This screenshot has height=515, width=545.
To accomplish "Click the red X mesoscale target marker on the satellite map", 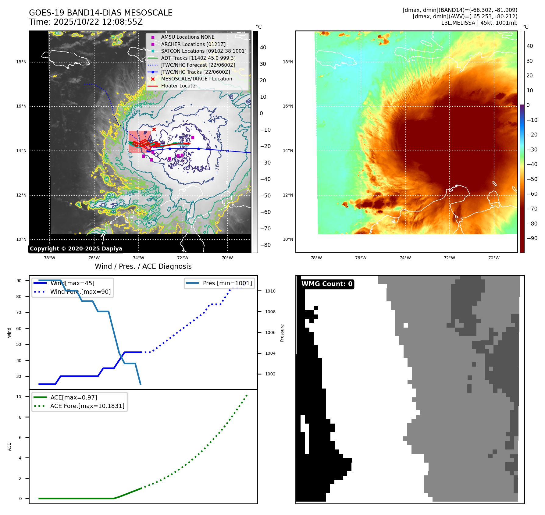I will click(x=154, y=130).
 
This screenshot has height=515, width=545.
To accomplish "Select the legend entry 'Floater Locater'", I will click(x=179, y=86).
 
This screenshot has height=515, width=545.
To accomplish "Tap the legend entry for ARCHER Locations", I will click(x=193, y=44).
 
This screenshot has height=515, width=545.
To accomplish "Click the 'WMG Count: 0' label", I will click(x=327, y=284).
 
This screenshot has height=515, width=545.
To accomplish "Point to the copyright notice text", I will click(x=76, y=249).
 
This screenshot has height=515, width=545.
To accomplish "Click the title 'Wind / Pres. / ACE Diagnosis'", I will click(x=143, y=266).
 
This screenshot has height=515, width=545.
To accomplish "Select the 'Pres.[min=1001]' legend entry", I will click(x=227, y=283).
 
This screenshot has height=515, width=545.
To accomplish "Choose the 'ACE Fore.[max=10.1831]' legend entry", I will click(x=87, y=406).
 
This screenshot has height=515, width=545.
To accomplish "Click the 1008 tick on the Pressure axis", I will click(x=270, y=312).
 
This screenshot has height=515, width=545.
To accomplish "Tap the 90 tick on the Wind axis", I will click(x=19, y=281).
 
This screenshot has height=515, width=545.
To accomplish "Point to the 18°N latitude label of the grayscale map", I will click(x=21, y=62).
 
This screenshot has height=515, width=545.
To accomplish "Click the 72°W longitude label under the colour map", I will click(x=449, y=258).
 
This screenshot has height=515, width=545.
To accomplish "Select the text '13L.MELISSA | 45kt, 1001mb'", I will click(x=479, y=23).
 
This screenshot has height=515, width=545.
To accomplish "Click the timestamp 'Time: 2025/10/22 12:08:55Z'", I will click(x=86, y=22).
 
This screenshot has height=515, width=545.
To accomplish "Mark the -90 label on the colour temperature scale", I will click(x=532, y=238).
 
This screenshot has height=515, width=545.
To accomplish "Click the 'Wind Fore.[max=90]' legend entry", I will click(x=80, y=292).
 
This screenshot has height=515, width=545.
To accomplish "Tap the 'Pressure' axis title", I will click(x=282, y=333).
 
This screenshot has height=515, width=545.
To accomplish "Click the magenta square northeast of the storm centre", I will click(x=193, y=138).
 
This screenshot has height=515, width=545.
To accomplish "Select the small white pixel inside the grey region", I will click(x=406, y=325).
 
